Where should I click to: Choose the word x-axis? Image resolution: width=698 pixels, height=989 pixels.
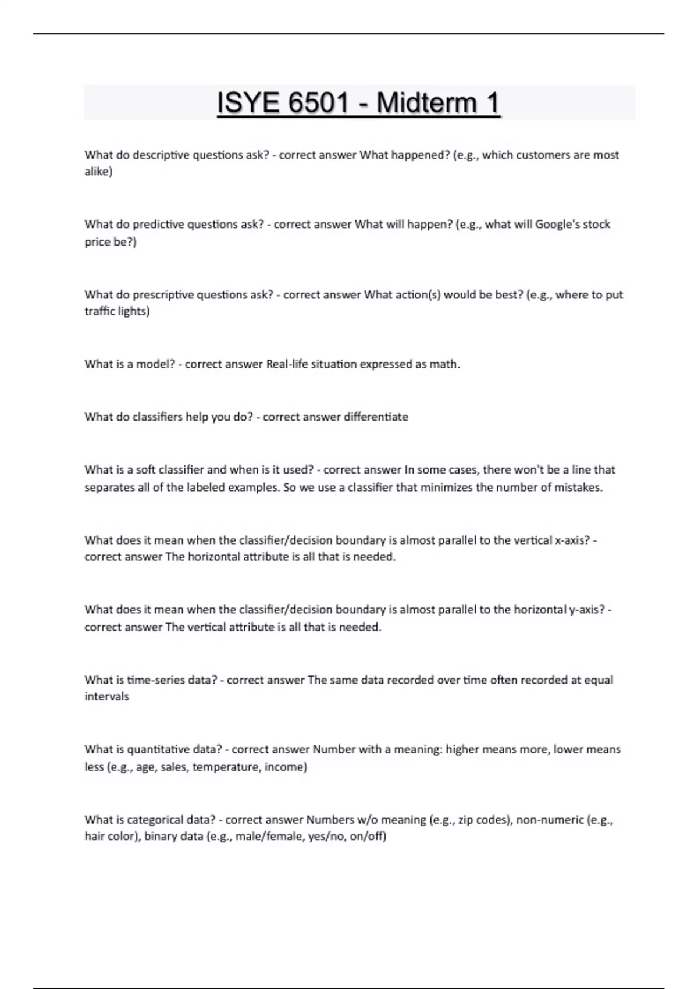click(x=572, y=540)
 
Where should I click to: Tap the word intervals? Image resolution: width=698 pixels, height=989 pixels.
click(x=106, y=697)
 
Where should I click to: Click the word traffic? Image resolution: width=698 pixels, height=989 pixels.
click(x=99, y=312)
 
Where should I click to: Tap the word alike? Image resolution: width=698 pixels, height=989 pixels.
click(x=98, y=172)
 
